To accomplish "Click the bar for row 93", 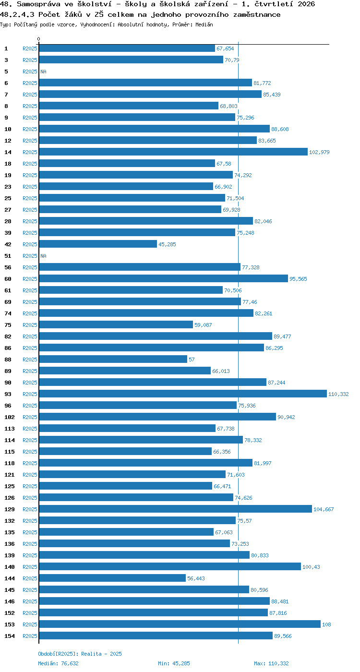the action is click(183, 394).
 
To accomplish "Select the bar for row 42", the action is click(98, 244).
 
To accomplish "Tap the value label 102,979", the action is click(319, 152).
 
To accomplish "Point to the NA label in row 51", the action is click(44, 256).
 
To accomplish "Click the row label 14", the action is click(8, 152).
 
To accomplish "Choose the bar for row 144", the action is click(112, 578).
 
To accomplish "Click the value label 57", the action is click(192, 360).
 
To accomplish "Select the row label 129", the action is click(10, 509).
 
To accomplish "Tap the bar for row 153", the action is click(180, 624).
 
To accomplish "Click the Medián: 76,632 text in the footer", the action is click(58, 663).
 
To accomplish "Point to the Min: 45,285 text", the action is click(174, 663).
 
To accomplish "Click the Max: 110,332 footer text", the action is click(271, 663).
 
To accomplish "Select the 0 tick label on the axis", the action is click(39, 39).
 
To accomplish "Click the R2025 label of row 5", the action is click(30, 72).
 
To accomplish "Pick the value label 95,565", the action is click(298, 279).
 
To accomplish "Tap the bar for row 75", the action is click(116, 324).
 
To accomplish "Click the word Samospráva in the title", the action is click(39, 4).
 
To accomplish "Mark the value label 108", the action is click(326, 624).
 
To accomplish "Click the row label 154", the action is click(10, 636).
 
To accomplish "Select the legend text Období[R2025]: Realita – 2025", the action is click(80, 654).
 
